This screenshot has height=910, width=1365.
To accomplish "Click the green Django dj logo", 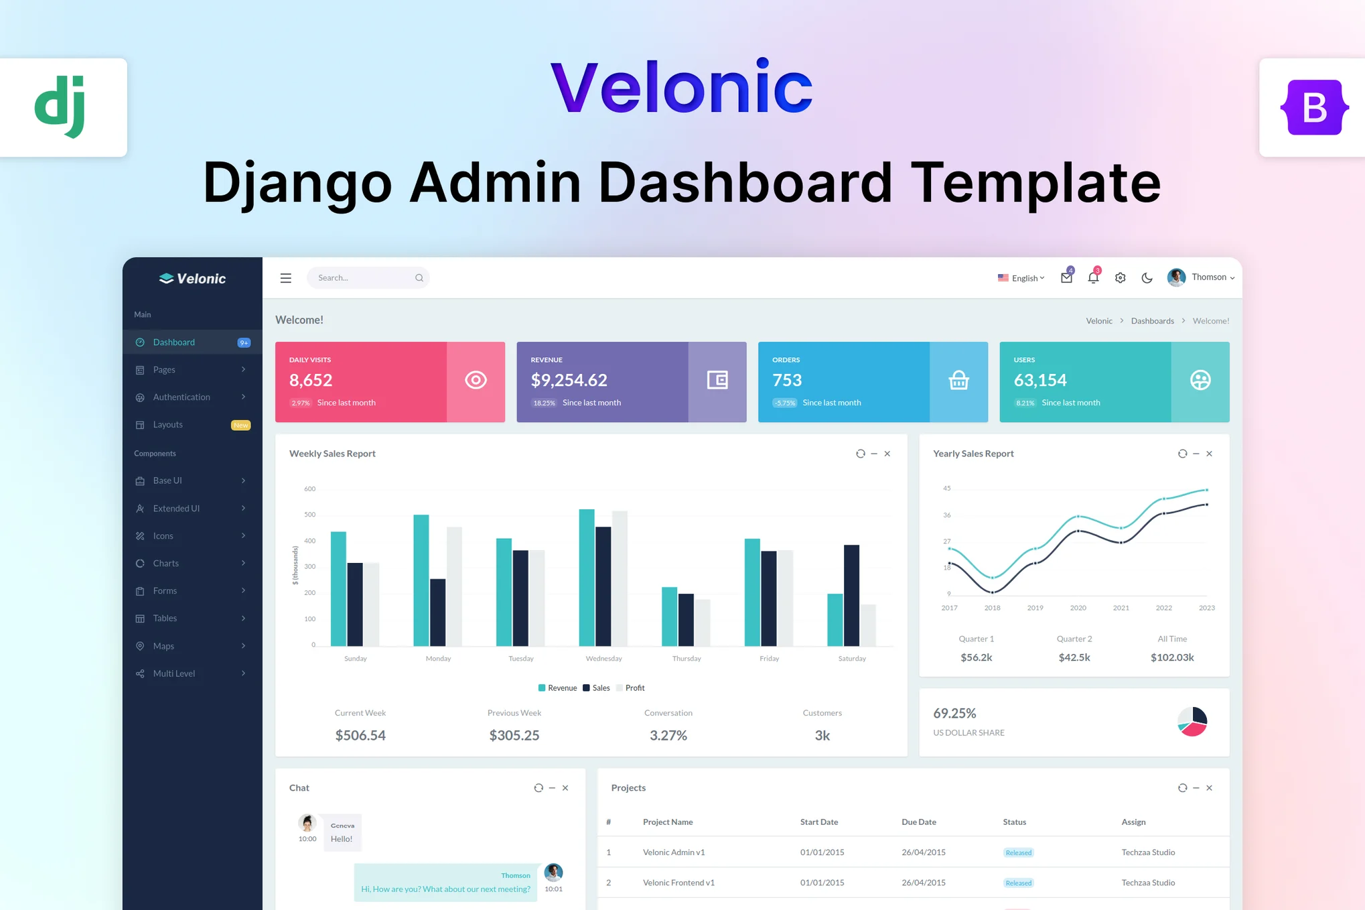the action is coord(60,107).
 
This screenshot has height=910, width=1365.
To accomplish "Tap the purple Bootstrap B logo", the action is coord(1314,107).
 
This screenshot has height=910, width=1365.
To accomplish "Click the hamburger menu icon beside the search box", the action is coord(286,278).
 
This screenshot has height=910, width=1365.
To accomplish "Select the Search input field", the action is coord(368,278).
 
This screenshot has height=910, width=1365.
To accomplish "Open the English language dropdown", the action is coord(1021,278).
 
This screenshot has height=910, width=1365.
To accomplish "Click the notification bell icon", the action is coord(1093,277).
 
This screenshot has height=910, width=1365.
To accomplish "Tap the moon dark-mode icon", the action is coord(1147,278).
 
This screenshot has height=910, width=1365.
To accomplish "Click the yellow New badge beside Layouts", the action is coord(240,426).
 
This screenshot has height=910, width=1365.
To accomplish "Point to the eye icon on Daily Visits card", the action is coord(476,381).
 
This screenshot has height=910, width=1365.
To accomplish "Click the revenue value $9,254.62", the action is coord(569,381).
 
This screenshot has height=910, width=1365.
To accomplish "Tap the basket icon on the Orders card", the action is coord(958,381).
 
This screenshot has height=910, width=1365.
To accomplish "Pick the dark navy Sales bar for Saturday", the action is coord(851,596).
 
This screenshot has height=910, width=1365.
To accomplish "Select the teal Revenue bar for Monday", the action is coord(421,580).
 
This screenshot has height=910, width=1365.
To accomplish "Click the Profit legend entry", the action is coord(630,688).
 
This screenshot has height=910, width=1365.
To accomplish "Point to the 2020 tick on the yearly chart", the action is coord(1078,608).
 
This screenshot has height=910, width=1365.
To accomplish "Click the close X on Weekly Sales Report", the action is coord(887,454).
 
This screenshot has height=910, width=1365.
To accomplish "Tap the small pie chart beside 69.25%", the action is coord(1192,722).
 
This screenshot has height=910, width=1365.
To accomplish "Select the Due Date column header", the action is coord(918,822).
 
